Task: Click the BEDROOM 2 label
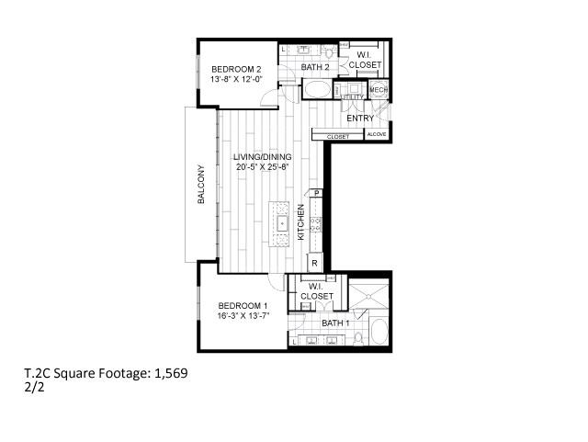pos(237,69)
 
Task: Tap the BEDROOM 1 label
pos(243,305)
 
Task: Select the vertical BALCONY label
pos(200,185)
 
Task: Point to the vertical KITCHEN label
pos(300,222)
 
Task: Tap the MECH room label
pos(379,90)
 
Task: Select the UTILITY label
pos(353,96)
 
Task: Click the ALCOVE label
pos(377,135)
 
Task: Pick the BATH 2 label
pos(315,67)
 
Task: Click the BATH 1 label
pos(335,323)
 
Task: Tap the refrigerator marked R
pos(314,263)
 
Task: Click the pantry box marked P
pos(316,193)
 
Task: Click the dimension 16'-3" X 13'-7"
pos(243,315)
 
